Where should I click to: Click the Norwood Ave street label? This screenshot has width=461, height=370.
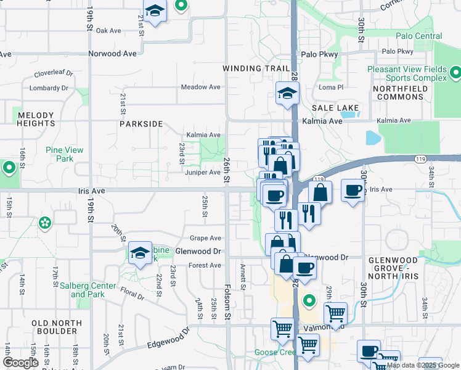pyautogui.click(x=112, y=54)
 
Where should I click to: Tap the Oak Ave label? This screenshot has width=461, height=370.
pyautogui.click(x=108, y=30)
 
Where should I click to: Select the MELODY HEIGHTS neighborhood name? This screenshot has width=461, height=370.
pyautogui.click(x=36, y=119)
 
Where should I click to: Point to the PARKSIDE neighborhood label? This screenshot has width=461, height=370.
pyautogui.click(x=141, y=124)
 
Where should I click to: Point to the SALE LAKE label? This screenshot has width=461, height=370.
pyautogui.click(x=335, y=108)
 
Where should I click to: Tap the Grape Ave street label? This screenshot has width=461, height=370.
pyautogui.click(x=205, y=238)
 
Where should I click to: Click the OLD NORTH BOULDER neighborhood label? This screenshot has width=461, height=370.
pyautogui.click(x=57, y=327)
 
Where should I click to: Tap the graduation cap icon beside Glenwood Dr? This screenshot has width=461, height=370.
pyautogui.click(x=141, y=253)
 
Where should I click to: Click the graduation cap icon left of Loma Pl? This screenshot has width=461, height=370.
pyautogui.click(x=287, y=94)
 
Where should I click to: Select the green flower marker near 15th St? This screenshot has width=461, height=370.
pyautogui.click(x=44, y=223)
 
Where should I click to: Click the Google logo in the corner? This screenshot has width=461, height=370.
pyautogui.click(x=21, y=363)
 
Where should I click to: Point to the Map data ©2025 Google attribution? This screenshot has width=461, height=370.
pyautogui.click(x=422, y=365)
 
